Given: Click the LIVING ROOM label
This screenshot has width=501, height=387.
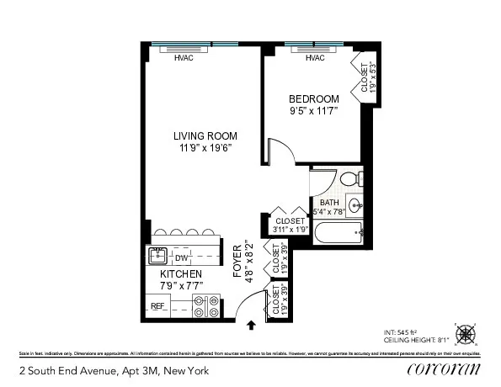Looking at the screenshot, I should point(205,136).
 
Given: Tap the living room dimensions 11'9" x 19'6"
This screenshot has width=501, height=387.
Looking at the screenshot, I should point(205,148).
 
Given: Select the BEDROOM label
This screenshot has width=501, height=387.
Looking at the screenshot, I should point(313,98).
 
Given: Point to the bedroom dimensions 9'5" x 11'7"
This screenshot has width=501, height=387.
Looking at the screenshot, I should point(313,110).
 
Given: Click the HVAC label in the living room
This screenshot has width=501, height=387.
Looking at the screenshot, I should point(184,58).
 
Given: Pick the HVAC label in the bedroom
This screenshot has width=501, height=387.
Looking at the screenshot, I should point(315,58).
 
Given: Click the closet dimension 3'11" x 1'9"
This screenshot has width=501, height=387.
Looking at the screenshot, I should point(290,229).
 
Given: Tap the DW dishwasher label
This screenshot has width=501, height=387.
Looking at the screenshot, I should point(180,258).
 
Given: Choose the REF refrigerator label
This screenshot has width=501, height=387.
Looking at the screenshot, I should point(157,306).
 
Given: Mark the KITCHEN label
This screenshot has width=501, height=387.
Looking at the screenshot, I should point(181,274).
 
